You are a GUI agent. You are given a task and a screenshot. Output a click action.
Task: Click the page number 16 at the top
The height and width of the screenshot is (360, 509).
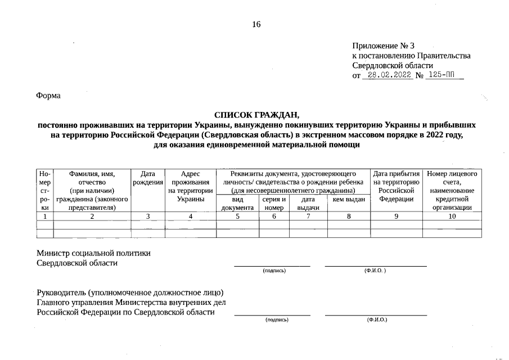256,24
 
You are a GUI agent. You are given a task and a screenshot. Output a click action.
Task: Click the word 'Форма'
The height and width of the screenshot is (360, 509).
48,96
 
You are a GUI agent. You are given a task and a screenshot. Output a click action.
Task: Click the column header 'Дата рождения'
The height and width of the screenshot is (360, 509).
148,178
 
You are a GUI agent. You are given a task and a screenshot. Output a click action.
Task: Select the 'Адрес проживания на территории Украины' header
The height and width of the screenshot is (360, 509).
191,187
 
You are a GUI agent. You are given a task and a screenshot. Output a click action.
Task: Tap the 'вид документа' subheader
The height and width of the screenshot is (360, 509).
237,203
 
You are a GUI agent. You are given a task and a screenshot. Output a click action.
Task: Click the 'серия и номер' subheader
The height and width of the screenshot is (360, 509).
274,203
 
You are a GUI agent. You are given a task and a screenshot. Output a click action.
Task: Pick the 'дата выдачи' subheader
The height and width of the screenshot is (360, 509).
308,203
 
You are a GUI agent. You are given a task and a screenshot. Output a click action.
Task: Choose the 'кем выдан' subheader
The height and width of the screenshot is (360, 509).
349,199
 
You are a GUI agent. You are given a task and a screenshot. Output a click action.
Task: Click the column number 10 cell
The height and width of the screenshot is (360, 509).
452,216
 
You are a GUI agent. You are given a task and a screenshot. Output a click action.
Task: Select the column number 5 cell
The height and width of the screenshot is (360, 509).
237,216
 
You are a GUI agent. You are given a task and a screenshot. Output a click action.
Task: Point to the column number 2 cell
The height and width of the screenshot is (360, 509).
92,216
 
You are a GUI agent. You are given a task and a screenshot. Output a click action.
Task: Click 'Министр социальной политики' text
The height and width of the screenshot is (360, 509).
93,253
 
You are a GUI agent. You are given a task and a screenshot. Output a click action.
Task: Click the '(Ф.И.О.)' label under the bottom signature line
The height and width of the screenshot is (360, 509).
376,319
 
